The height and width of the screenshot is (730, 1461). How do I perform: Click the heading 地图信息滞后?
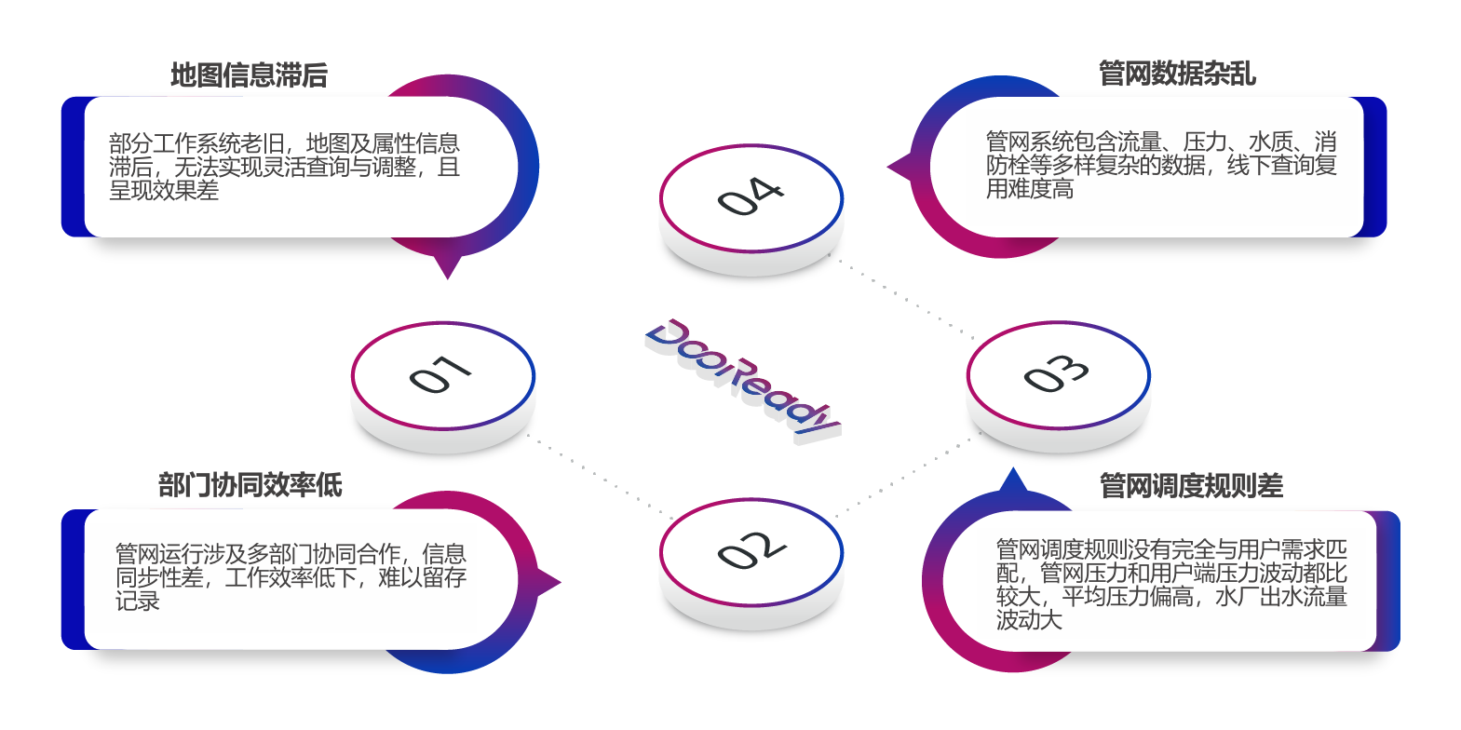(x=249, y=75)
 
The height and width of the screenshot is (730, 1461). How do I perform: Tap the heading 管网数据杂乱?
(x=1177, y=73)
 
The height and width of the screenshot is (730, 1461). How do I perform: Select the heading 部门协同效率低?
(x=250, y=485)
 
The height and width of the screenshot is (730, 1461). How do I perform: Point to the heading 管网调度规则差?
(x=1191, y=485)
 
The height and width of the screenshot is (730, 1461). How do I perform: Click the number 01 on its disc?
(x=441, y=374)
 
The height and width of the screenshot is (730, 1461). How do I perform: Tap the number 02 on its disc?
(x=751, y=550)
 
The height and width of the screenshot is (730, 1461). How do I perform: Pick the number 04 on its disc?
(x=751, y=196)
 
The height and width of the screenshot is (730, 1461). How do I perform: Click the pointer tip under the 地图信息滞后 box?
(x=448, y=275)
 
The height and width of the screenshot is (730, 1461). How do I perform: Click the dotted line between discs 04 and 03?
(x=903, y=299)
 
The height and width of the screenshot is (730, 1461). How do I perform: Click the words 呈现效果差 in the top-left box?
(x=164, y=191)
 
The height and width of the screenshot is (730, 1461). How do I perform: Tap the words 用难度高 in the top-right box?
(x=1030, y=189)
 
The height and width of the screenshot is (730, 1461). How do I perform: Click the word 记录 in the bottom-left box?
(x=138, y=602)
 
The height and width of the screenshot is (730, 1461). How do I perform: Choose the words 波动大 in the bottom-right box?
(x=1029, y=620)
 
